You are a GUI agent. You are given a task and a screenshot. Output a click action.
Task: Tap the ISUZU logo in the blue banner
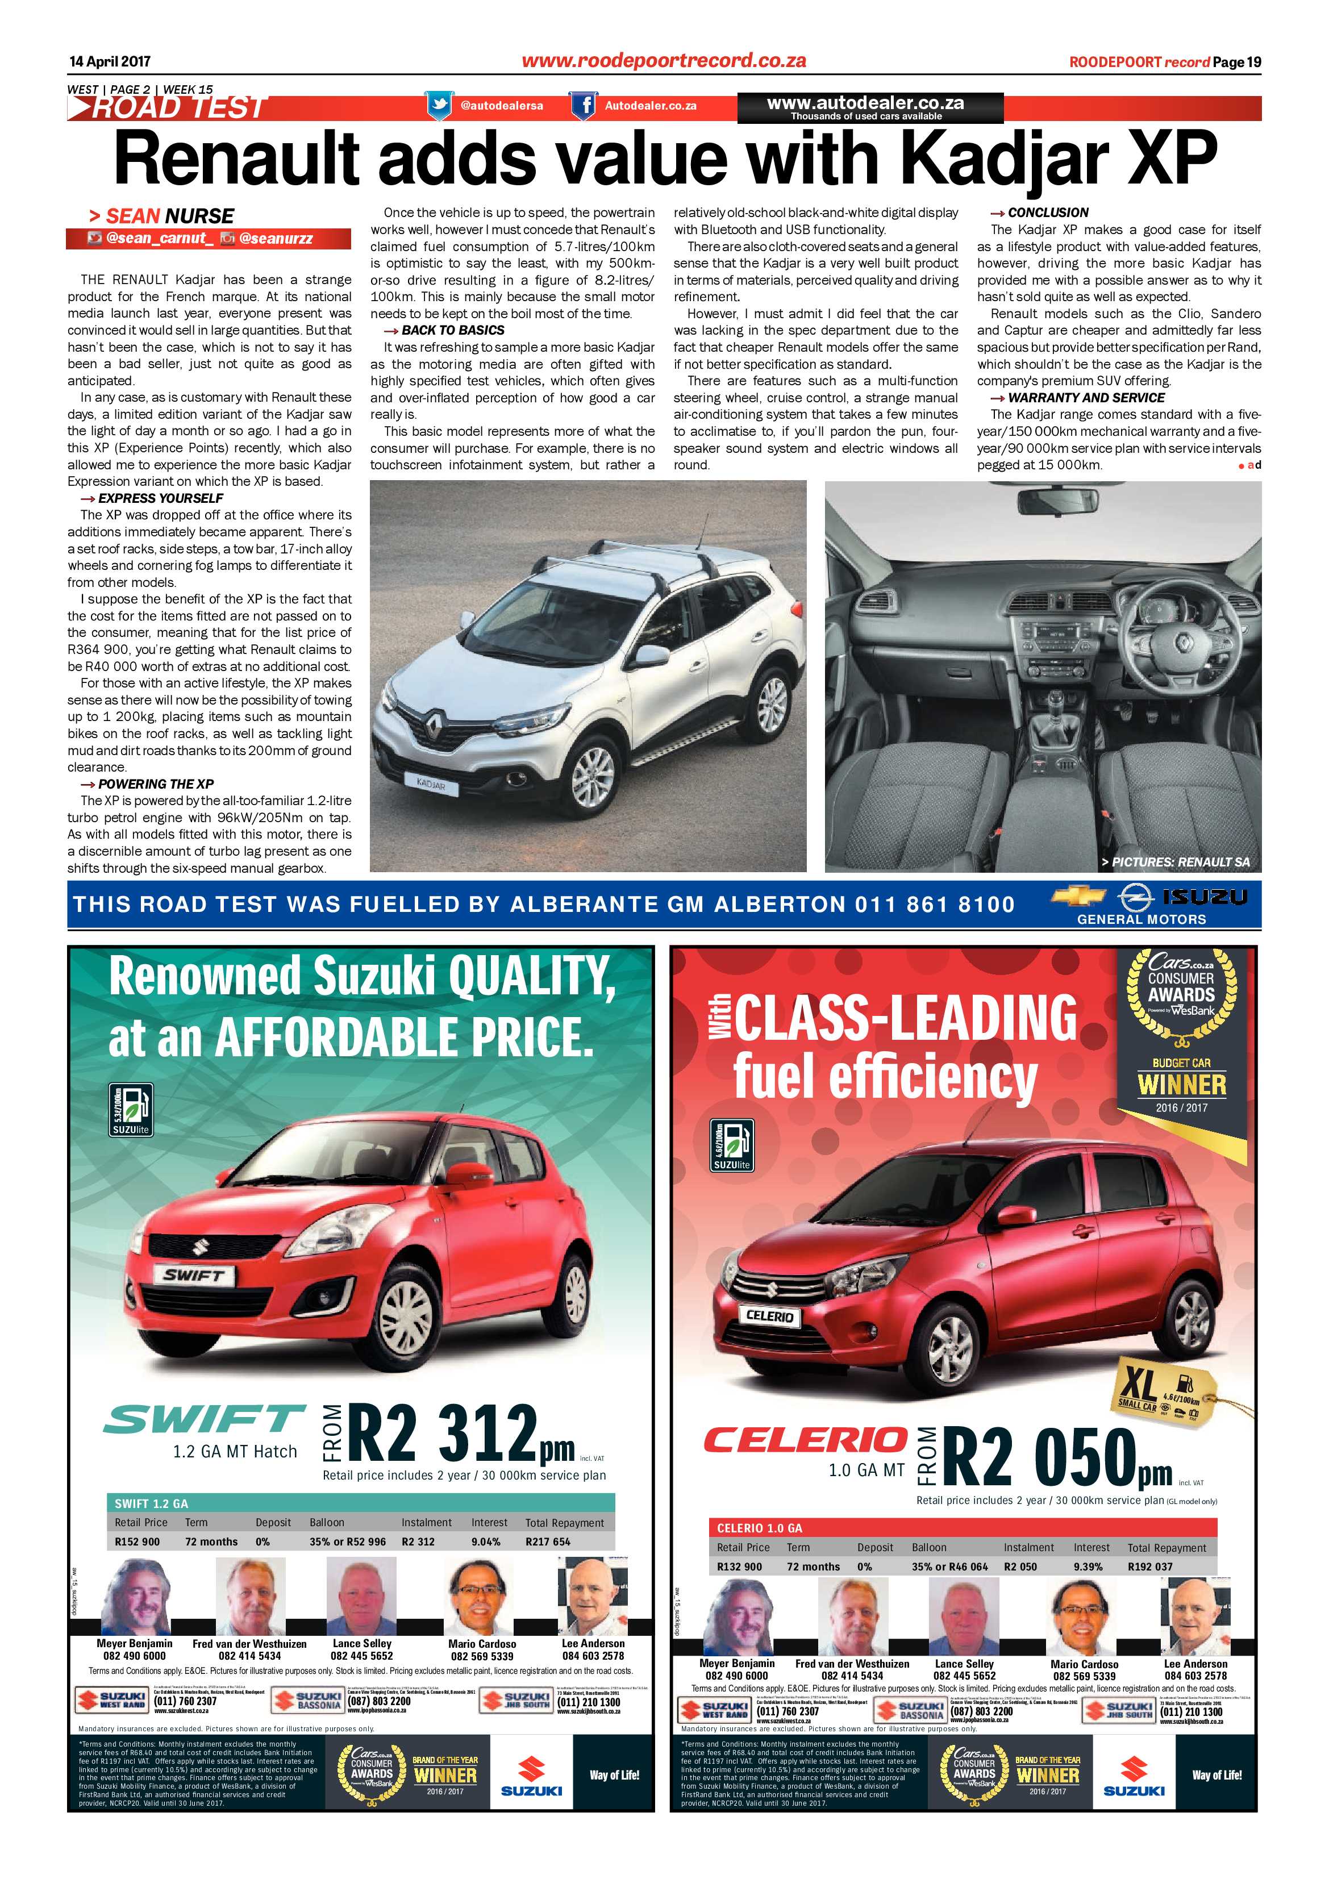[1204, 897]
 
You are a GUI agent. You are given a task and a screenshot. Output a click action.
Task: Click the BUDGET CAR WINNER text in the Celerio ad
[1182, 1078]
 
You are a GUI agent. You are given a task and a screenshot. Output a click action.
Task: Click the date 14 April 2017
[110, 61]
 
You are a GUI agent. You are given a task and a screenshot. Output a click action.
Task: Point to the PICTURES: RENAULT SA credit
[1174, 862]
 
